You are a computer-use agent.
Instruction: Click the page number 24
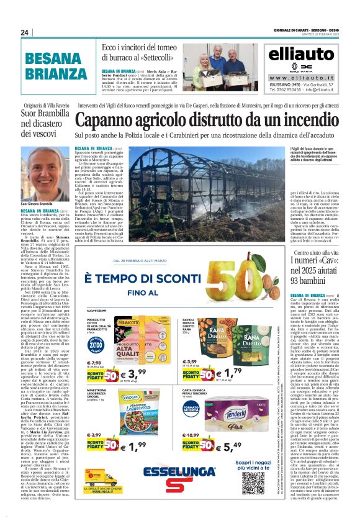[25, 32]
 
